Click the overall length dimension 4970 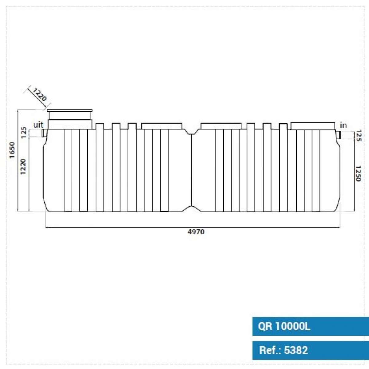pos(196,232)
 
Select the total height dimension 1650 pos(12,150)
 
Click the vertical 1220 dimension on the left pos(23,166)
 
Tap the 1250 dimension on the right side pos(358,173)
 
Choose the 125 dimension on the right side pos(358,135)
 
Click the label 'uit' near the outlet pos(38,125)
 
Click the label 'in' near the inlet pos(343,125)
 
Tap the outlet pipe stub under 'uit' pos(44,133)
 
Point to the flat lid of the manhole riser pos(69,110)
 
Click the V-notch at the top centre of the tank pos(191,132)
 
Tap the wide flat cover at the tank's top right pos(313,126)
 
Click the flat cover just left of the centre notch pos(162,126)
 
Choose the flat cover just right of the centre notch pos(221,126)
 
